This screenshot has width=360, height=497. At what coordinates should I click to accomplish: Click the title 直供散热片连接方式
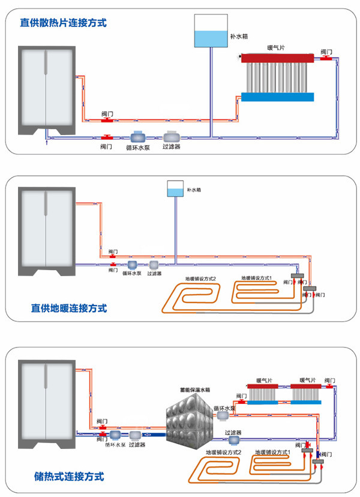click(63, 23)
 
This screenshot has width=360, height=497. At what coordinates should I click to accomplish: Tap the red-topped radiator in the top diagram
click(278, 78)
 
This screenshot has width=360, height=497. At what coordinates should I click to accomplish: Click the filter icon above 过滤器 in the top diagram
click(172, 136)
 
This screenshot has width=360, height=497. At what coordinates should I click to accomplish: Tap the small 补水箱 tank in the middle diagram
click(175, 189)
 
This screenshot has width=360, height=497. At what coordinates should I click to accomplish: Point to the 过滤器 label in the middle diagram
click(154, 273)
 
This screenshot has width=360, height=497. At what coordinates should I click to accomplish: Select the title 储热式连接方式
click(70, 477)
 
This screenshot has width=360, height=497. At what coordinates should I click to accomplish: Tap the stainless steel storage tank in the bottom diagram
click(188, 420)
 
